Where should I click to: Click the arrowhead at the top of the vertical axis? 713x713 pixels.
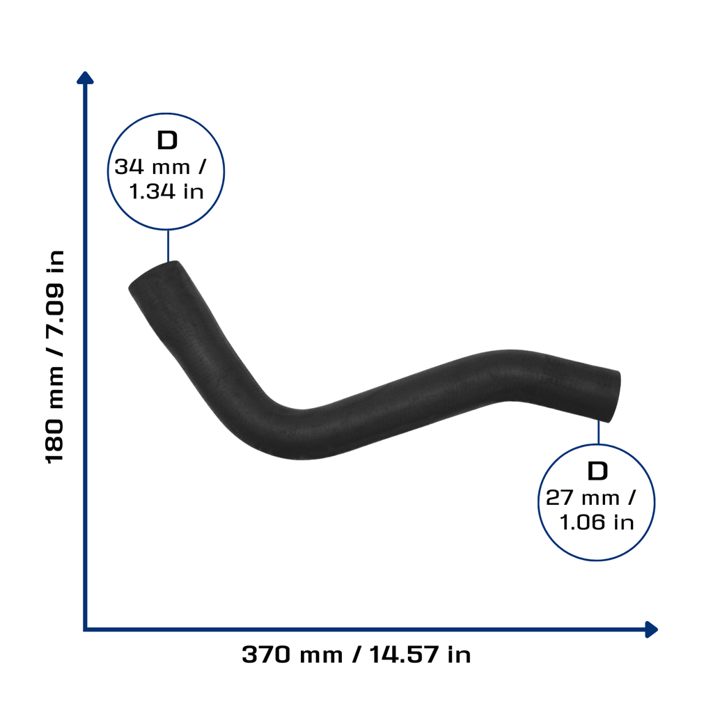point(85,78)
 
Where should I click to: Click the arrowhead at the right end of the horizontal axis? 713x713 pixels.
point(652,629)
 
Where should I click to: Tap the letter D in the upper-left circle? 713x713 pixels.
point(167,140)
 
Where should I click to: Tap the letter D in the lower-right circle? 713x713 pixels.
point(597,471)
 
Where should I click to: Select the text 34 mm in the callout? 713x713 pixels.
point(152,167)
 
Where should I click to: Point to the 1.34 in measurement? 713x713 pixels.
point(166,191)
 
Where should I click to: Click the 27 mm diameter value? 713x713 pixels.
point(583,497)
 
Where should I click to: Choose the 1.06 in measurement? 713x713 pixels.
point(597,522)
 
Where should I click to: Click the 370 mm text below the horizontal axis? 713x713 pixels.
point(292,655)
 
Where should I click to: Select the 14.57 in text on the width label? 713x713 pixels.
point(420,655)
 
